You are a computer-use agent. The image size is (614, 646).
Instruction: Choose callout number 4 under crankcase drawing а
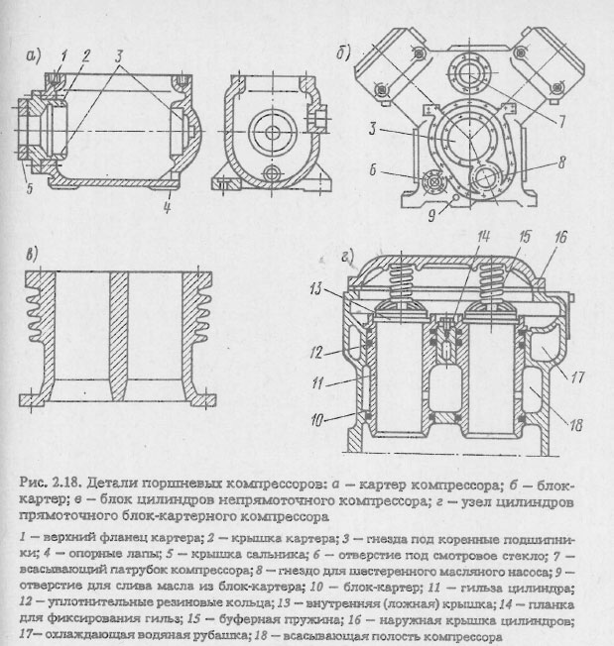[x=169, y=208]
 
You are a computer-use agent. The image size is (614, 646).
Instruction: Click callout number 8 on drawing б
[x=560, y=159]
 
